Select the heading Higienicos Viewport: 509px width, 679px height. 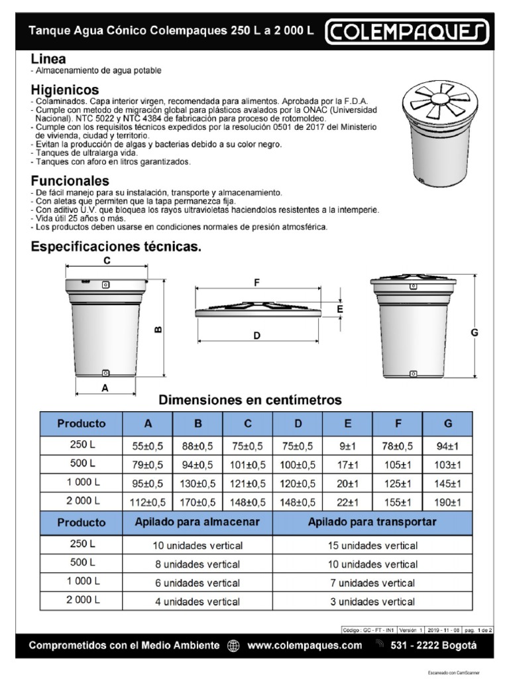click(x=65, y=90)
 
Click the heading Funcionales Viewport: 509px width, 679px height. click(x=70, y=181)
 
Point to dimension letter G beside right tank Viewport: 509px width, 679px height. click(x=475, y=333)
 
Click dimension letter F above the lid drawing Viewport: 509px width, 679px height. click(x=256, y=282)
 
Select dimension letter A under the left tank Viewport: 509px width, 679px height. click(x=104, y=389)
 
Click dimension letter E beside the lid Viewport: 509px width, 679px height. click(x=339, y=310)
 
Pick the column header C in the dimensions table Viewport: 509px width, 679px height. click(x=248, y=424)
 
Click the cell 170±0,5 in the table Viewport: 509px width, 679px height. click(x=198, y=501)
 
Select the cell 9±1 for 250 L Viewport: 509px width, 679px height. click(x=348, y=446)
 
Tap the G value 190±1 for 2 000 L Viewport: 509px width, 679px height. click(x=447, y=501)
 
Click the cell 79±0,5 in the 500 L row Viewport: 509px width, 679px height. click(x=148, y=464)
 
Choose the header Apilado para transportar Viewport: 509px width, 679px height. click(x=372, y=523)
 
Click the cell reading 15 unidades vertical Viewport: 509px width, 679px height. click(x=373, y=546)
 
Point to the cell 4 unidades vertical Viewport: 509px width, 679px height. click(x=198, y=602)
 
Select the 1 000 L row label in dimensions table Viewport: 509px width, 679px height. click(x=82, y=483)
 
